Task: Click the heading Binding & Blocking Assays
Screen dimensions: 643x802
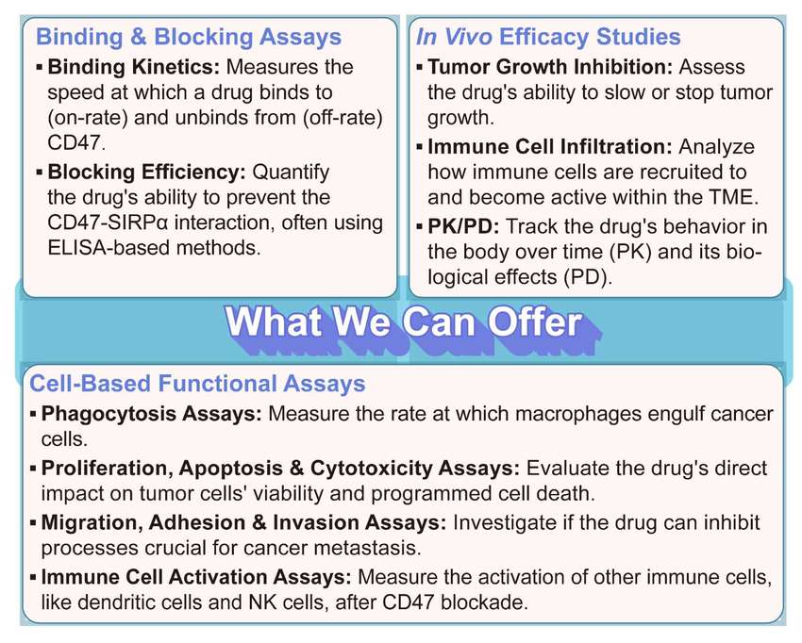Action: [x=188, y=38]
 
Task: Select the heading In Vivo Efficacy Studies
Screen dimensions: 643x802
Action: [x=547, y=38]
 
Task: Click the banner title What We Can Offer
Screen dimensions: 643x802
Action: [x=403, y=322]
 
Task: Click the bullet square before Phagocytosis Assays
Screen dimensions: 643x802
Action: [x=34, y=414]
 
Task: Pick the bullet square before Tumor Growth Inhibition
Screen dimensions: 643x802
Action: [x=421, y=68]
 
